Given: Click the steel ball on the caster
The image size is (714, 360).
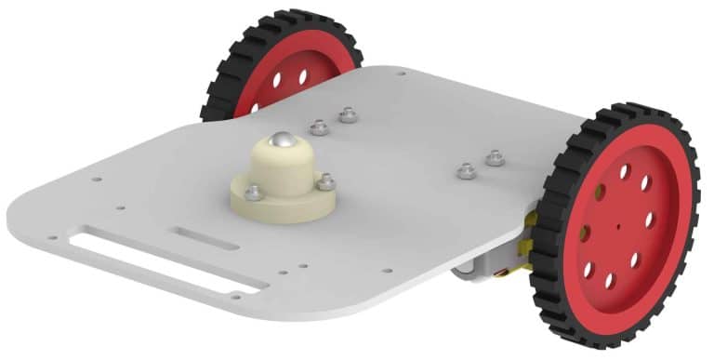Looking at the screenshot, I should (x=282, y=141).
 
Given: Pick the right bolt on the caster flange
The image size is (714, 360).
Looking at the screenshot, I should (x=325, y=182).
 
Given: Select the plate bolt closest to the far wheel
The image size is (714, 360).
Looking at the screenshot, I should (x=348, y=114).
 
